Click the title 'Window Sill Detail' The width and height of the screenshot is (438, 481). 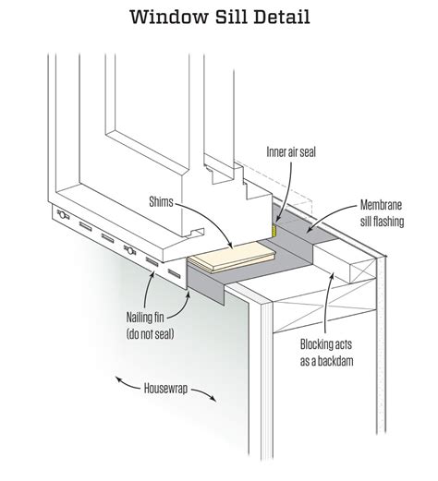[219, 17]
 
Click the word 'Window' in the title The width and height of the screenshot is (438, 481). [161, 17]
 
